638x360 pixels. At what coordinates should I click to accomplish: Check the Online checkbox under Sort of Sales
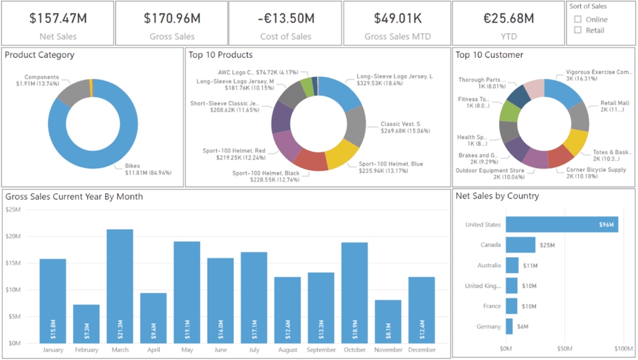coord(578,19)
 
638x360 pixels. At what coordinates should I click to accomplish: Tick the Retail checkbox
coord(578,30)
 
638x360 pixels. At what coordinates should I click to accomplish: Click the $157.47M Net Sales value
coord(57,18)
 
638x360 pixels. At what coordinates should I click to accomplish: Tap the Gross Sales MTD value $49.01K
coord(397,18)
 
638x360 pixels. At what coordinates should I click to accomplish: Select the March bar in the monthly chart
coord(120,286)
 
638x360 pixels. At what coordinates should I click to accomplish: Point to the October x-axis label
coord(354,350)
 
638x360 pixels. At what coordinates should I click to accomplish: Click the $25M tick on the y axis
coord(13,210)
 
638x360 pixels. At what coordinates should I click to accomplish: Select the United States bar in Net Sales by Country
coord(562,225)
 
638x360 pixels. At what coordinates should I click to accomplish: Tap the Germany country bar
coord(509,326)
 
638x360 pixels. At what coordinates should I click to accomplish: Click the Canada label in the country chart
coord(490,245)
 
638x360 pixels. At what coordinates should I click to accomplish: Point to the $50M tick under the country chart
coord(564,349)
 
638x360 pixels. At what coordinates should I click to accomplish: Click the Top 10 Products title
coord(220,55)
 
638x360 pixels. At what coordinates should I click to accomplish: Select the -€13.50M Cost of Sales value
coord(285,18)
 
